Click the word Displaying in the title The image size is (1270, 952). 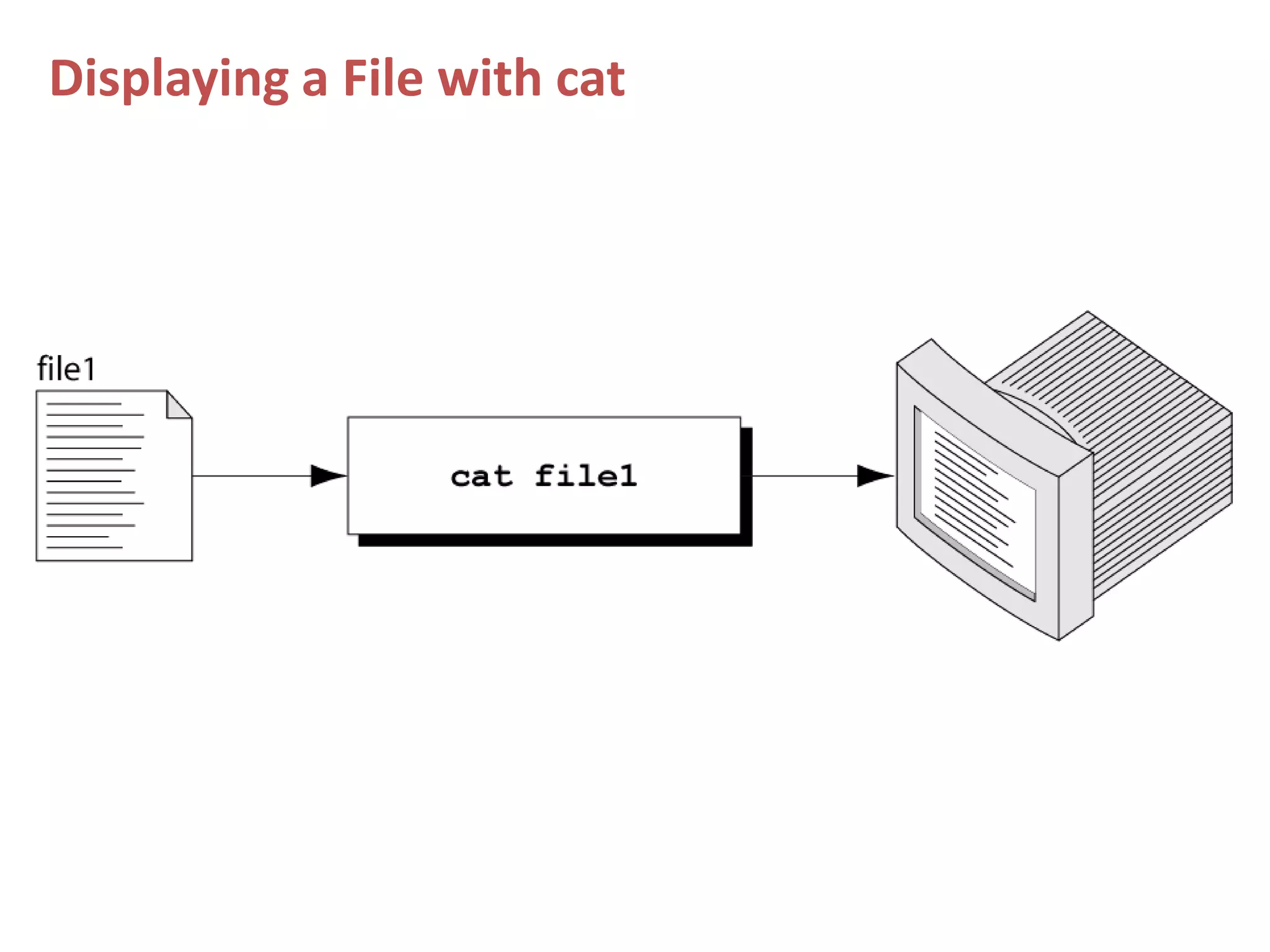(x=169, y=79)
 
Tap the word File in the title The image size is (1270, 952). (x=382, y=79)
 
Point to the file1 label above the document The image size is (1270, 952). (x=66, y=369)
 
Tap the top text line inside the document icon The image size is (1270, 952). (x=84, y=403)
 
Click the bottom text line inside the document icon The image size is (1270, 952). (x=84, y=547)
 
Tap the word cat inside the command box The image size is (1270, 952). (x=481, y=477)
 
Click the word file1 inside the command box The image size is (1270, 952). (x=586, y=477)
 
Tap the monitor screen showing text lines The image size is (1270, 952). (x=977, y=502)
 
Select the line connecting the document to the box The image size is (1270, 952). (x=251, y=476)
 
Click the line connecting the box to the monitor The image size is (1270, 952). (x=803, y=476)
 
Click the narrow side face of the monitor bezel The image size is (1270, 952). (x=1076, y=545)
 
